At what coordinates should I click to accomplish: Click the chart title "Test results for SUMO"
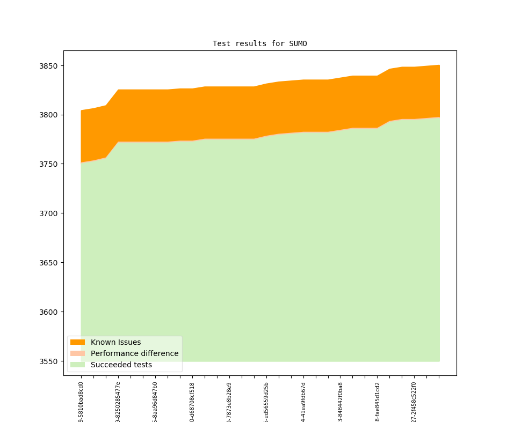coord(259,43)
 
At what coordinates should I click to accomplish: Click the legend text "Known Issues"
coord(115,342)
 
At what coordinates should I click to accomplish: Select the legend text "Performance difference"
coord(134,353)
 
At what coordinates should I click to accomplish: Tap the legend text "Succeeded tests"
coord(121,365)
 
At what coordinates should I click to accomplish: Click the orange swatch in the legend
coord(77,342)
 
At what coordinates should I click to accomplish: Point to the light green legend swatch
coord(77,365)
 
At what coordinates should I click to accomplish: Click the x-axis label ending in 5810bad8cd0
coord(81,402)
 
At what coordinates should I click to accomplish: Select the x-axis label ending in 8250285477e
coord(118,402)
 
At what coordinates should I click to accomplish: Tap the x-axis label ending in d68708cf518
coord(192,402)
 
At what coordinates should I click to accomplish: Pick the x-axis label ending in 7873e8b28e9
coord(229,402)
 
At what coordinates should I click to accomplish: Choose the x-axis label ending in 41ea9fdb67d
coord(303,402)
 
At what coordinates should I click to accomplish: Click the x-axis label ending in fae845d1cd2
coord(378,402)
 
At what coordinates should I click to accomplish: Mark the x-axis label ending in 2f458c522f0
coord(414,402)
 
